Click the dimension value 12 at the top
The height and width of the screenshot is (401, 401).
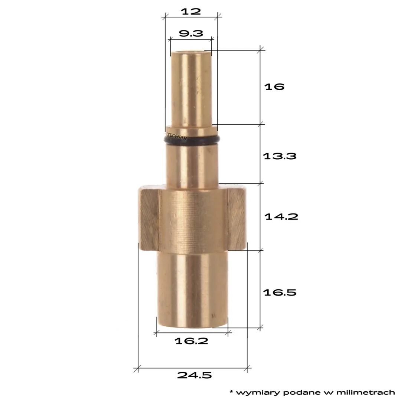(191, 11)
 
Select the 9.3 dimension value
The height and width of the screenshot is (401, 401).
(191, 33)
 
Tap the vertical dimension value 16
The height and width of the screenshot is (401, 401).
(274, 87)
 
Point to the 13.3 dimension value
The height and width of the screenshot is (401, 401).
(280, 156)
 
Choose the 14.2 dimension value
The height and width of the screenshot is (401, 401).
(281, 216)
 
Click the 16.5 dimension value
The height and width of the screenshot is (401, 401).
(280, 293)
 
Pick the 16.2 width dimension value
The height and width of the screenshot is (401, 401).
(191, 341)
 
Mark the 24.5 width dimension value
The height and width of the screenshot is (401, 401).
(194, 375)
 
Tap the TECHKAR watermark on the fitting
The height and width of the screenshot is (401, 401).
(177, 136)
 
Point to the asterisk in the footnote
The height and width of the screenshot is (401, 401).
(231, 391)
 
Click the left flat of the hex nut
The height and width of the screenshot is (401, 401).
(149, 219)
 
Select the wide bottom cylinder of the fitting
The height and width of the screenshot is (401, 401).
(192, 290)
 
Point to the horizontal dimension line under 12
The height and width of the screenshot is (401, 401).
(191, 16)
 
